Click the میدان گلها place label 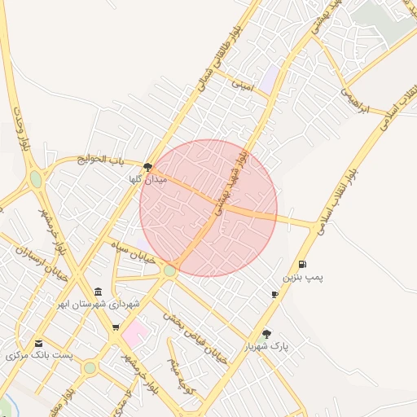pos(147,179)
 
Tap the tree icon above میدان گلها pos(147,167)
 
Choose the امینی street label pos(243,84)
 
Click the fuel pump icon pos(302,264)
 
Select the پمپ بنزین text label pos(303,278)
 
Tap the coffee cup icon pos(274,294)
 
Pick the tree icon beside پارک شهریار pos(266,334)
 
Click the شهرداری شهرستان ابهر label pos(99,305)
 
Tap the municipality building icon pos(99,292)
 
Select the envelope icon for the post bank pos(38,343)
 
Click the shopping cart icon pos(115,327)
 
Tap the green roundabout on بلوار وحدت pos(35,178)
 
